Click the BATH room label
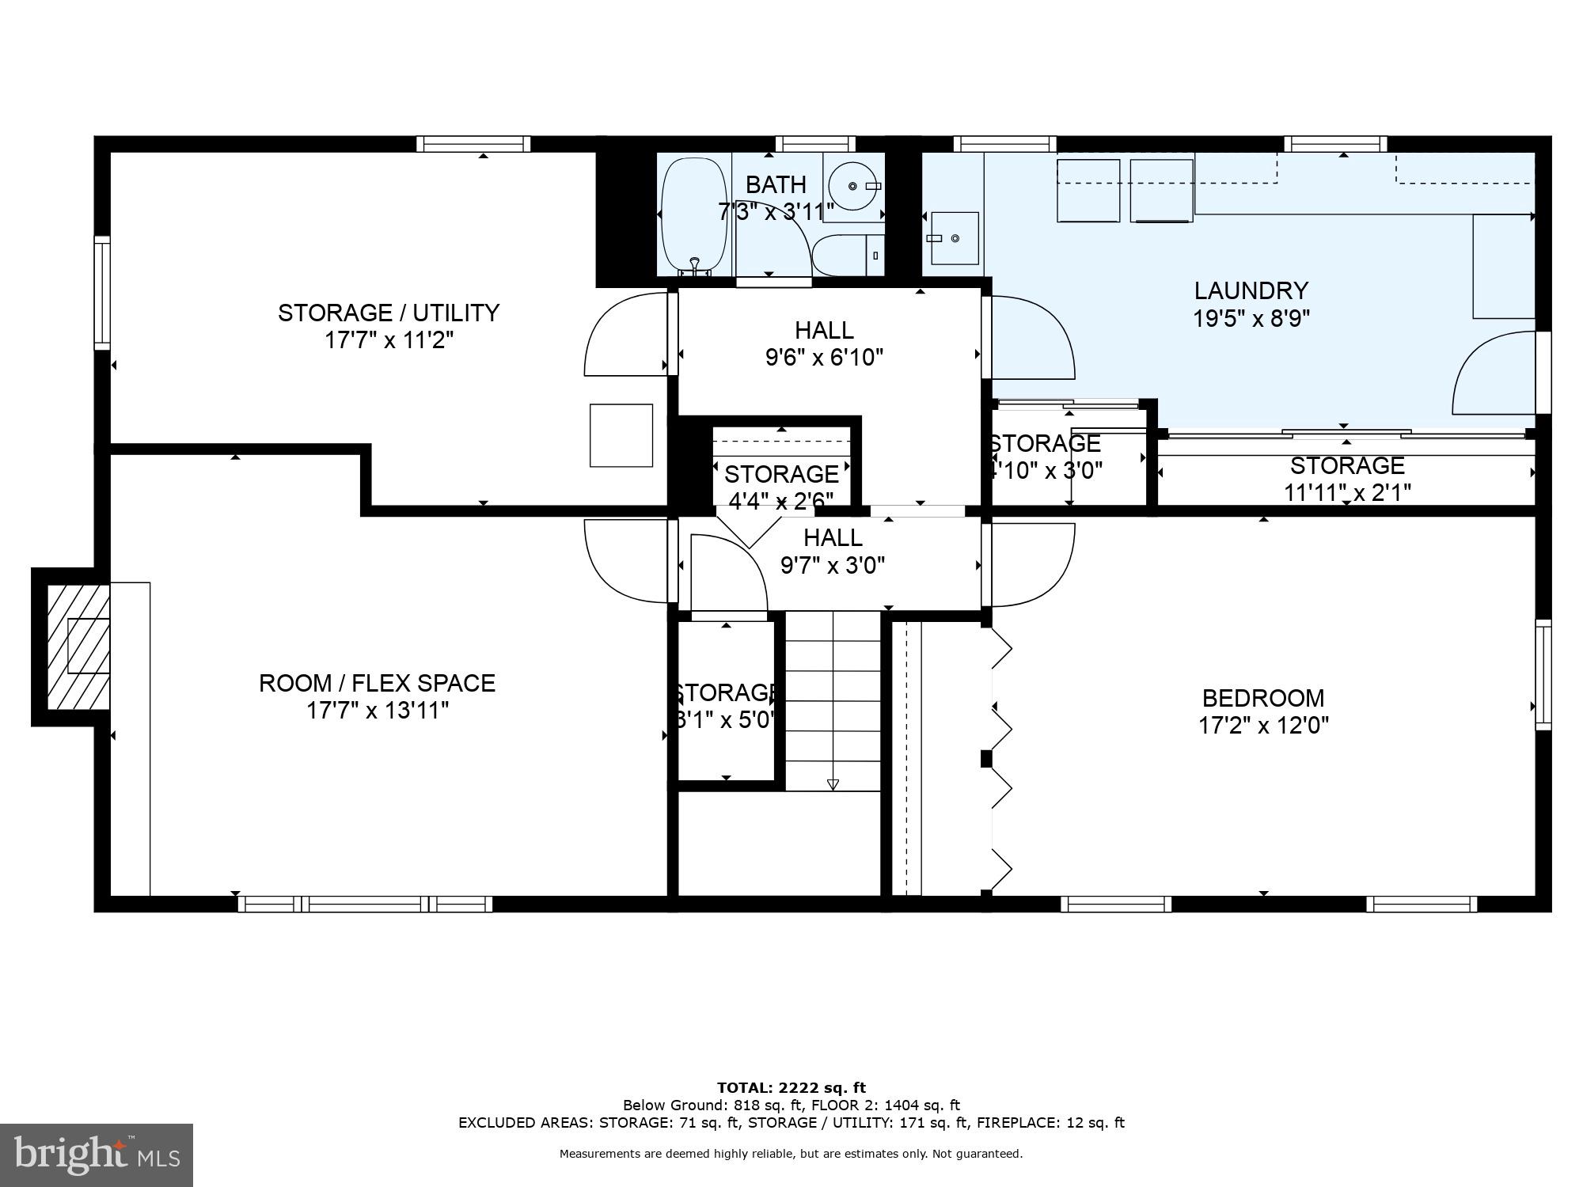[x=776, y=184]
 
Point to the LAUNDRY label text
[x=1251, y=290]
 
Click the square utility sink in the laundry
[x=954, y=237]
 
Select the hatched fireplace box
[x=78, y=647]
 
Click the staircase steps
[x=833, y=700]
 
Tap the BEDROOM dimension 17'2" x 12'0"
[x=1263, y=726]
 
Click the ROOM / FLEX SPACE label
[x=377, y=683]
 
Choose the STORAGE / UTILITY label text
[x=388, y=313]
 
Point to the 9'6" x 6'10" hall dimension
[x=824, y=358]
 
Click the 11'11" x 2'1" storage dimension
[x=1346, y=492]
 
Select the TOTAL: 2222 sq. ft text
[x=791, y=1088]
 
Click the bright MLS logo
[x=97, y=1156]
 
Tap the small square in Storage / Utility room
[x=621, y=435]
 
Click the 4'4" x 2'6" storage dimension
[x=780, y=500]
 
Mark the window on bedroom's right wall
[x=1543, y=674]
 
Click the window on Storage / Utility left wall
[x=102, y=293]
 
